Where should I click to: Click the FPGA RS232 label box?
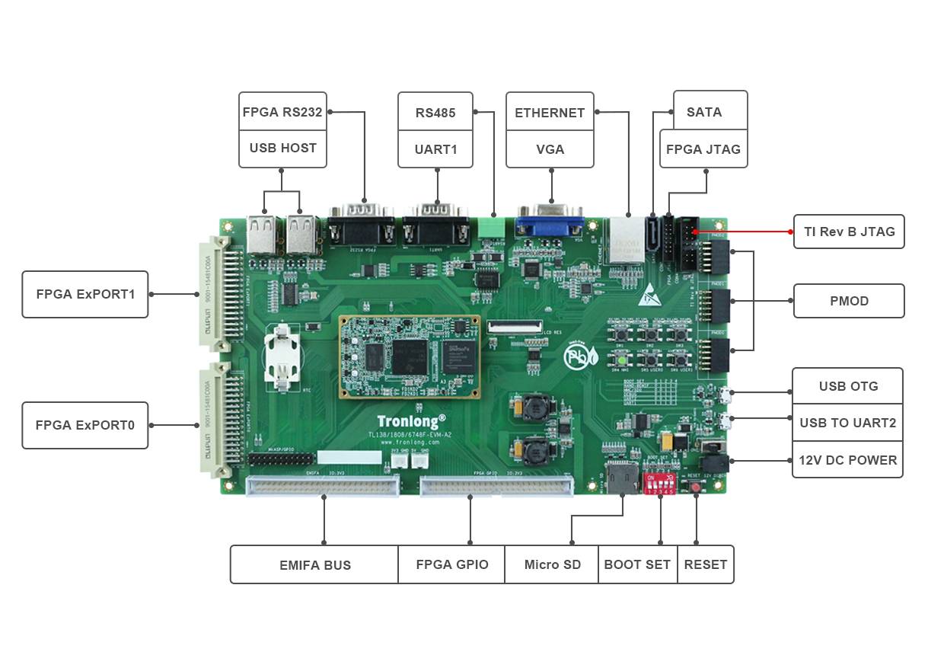tap(282, 112)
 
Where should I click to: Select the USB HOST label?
tap(282, 148)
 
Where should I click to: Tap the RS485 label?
tap(435, 113)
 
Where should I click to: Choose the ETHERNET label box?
tap(550, 113)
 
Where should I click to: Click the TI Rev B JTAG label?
tap(849, 232)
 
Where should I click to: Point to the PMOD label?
tap(849, 301)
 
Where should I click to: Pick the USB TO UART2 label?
tap(847, 423)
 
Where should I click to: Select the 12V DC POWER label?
tap(847, 460)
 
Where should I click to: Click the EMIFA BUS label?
tap(314, 565)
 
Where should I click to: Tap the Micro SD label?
tap(552, 564)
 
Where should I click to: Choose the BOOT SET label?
tap(637, 564)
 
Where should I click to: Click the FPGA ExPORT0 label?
tap(85, 425)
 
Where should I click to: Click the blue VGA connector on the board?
tap(550, 221)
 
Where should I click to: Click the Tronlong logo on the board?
tap(411, 420)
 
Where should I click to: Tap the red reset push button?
tap(695, 487)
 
